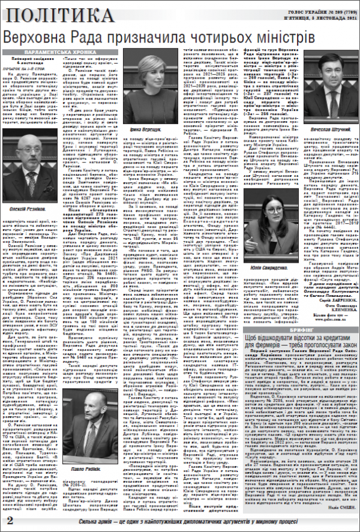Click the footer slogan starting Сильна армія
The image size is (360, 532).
[186, 519]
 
